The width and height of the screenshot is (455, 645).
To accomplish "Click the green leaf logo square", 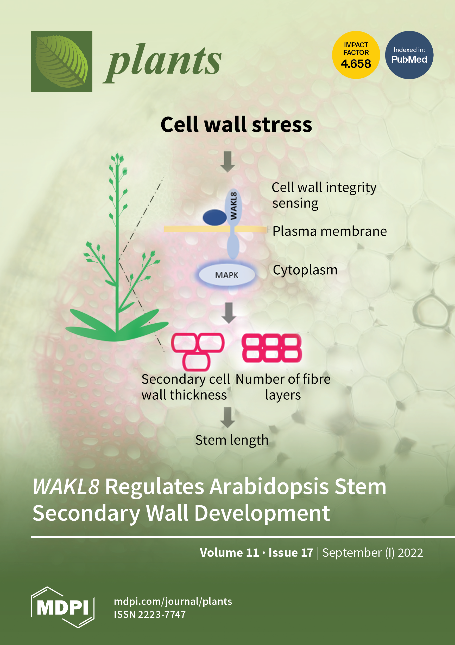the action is [x=61, y=61].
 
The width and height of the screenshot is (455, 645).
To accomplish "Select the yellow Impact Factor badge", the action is [x=356, y=55].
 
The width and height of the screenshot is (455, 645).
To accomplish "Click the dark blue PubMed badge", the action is [x=409, y=55].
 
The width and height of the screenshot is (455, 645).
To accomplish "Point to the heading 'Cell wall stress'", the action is [x=236, y=125].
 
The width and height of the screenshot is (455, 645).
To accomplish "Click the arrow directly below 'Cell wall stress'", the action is [x=228, y=162].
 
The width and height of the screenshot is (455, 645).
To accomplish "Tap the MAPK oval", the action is [x=227, y=275].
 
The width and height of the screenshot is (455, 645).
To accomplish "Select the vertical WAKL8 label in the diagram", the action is [x=233, y=206].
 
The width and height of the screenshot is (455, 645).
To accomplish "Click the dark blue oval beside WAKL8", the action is [x=214, y=217].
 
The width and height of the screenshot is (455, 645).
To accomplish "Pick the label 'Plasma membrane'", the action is [x=330, y=231].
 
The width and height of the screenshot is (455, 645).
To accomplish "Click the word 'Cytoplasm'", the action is [x=305, y=270].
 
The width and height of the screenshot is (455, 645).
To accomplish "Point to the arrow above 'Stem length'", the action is [x=228, y=417].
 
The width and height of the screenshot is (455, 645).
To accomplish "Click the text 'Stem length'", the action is [x=232, y=440].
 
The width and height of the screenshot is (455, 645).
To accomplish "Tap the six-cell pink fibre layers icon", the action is [x=272, y=348].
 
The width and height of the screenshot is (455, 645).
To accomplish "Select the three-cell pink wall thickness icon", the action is [x=197, y=351].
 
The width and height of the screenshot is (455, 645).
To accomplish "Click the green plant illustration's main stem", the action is [x=117, y=253].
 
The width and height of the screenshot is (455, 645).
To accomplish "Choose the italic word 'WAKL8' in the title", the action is [x=66, y=486].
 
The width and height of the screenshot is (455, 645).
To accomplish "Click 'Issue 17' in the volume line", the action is [x=290, y=553].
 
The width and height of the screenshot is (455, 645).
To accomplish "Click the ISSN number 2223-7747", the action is [x=161, y=614].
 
